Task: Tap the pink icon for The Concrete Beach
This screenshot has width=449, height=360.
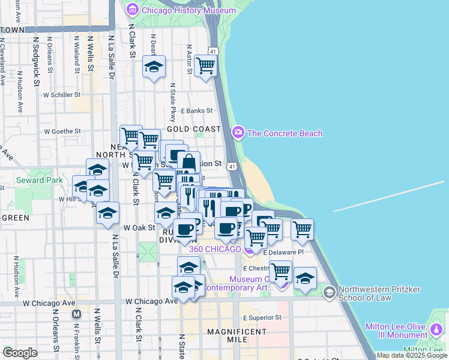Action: tap(238, 133)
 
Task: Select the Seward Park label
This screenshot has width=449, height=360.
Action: tap(39, 180)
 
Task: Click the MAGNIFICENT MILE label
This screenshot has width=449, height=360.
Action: tap(228, 335)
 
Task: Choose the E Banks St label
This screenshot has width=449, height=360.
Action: tap(196, 110)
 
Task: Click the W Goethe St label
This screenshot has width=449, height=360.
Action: tap(62, 131)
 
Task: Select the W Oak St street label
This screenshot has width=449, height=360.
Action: tap(139, 227)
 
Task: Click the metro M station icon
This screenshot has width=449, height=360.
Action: tap(76, 314)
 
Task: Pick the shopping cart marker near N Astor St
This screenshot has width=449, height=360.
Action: tap(206, 66)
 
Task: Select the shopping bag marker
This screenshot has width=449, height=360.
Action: tap(188, 163)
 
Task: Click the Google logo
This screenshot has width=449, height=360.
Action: tap(19, 353)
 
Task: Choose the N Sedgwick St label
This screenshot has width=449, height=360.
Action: tap(36, 57)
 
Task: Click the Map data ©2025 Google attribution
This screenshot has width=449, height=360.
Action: tap(411, 355)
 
